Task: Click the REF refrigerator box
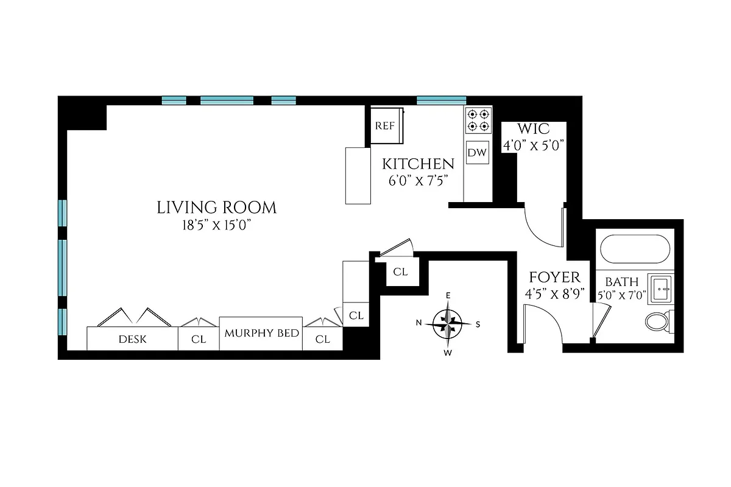(x=385, y=126)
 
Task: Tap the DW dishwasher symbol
(x=477, y=153)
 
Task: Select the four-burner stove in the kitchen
(x=478, y=120)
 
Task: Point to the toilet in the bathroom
(x=658, y=321)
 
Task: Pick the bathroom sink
(x=660, y=289)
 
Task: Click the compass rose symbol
(x=448, y=323)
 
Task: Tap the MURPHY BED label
(x=261, y=334)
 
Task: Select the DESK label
(x=132, y=339)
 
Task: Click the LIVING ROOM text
(x=216, y=208)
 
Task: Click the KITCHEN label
(x=418, y=164)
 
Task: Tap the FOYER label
(x=554, y=278)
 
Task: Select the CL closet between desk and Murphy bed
(x=199, y=340)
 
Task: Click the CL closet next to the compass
(x=400, y=272)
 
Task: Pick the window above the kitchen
(x=441, y=100)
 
